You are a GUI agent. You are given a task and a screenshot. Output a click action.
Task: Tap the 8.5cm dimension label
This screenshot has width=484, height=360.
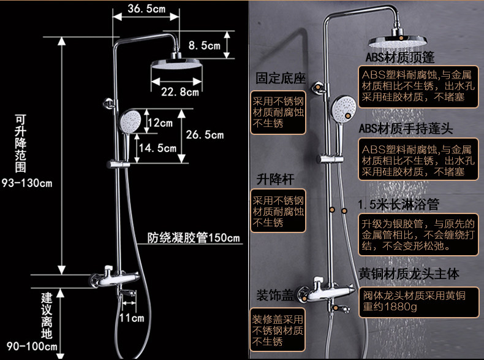click(x=204, y=45)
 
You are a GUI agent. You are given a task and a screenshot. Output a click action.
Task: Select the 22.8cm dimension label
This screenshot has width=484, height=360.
click(x=180, y=93)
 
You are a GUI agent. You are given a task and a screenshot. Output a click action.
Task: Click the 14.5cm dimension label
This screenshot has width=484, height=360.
click(x=157, y=148)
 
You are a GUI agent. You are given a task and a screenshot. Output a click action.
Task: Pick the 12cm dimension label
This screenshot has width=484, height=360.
click(x=161, y=123)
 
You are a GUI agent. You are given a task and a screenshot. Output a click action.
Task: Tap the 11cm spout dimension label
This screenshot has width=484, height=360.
click(x=131, y=318)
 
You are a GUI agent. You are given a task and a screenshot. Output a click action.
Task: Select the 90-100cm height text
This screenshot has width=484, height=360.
click(x=29, y=347)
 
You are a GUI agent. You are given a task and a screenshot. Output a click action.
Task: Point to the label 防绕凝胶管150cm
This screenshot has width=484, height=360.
click(x=194, y=239)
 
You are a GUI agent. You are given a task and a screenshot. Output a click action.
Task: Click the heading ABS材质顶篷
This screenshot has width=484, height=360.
click(x=400, y=58)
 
